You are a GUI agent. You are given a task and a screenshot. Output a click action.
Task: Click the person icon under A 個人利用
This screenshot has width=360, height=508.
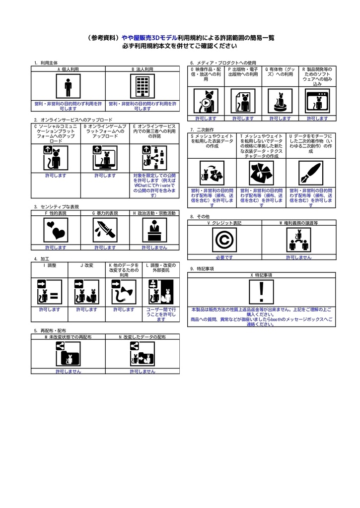pos(68,86)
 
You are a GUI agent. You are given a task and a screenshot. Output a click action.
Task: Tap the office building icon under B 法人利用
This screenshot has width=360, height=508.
pos(143,86)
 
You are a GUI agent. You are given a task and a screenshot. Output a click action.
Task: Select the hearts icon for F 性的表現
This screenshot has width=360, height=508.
pos(56,230)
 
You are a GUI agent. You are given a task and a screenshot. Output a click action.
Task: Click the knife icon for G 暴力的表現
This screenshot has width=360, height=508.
pos(105,230)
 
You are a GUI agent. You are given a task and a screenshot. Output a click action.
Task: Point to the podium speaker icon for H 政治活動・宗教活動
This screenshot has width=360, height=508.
pos(154,230)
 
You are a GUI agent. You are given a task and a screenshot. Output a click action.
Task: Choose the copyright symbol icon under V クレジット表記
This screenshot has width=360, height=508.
pos(224,240)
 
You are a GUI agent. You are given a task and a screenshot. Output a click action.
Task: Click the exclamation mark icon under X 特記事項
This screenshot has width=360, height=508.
pos(261,292)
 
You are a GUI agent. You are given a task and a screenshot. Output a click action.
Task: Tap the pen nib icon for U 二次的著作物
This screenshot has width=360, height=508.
pos(311,173)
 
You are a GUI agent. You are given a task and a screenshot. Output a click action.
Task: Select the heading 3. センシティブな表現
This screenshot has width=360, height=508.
pos(57,207)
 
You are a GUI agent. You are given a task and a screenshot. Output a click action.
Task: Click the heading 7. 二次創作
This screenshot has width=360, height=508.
pos(202,129)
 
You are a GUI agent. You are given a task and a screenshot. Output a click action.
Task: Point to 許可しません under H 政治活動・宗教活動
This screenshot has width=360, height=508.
pos(154,248)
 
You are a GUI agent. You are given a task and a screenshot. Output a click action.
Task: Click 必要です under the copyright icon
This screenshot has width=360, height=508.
pos(224,257)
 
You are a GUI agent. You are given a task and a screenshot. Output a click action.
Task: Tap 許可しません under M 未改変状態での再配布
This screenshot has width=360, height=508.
pos(68,371)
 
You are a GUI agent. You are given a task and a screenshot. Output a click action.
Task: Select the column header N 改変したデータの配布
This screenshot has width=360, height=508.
pos(143,337)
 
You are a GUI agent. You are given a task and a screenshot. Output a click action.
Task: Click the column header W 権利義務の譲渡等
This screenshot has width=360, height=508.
pos(299,223)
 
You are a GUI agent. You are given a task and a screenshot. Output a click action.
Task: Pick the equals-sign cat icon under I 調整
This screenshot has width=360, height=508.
pos(50,292)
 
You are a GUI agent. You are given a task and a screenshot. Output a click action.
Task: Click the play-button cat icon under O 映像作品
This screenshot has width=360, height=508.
pos(206,101)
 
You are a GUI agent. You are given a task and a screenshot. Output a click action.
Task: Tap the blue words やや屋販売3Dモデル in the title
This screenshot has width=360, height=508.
pos(149,38)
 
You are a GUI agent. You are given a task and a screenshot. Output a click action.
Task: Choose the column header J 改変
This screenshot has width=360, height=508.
pos(86,265)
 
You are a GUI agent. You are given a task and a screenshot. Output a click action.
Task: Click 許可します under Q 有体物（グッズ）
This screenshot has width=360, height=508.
pos(280,119)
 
